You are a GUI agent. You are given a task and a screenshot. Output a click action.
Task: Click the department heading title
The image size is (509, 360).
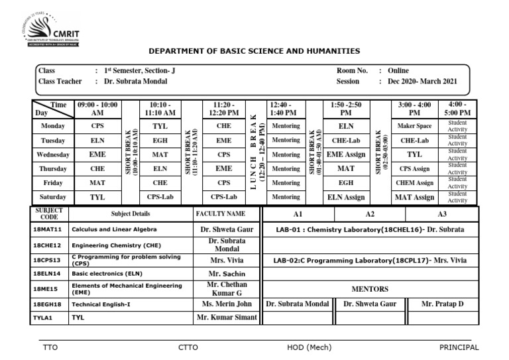pos(254,51)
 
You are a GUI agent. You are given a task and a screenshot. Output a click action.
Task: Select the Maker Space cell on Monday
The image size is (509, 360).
pos(415,126)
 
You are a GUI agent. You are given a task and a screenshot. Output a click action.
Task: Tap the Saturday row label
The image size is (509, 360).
pos(53,197)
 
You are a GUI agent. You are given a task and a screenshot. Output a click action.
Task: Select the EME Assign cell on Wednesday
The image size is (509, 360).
pos(346,154)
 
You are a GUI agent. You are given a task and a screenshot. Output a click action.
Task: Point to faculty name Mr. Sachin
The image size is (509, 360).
pos(227,273)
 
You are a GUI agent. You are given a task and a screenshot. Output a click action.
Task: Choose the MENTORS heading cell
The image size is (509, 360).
pos(369,288)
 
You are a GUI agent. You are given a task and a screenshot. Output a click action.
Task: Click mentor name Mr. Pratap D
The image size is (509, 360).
pos(443,304)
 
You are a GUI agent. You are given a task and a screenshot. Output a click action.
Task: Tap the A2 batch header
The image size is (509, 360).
pos(370,215)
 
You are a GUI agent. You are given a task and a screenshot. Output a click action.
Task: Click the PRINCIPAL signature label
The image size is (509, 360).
pos(459,347)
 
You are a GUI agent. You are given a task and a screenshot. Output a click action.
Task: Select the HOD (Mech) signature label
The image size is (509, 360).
pos(309,347)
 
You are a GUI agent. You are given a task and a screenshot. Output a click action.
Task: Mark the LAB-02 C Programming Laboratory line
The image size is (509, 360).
pos(369,260)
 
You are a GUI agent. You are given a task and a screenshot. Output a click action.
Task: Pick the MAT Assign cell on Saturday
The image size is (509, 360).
pos(415,197)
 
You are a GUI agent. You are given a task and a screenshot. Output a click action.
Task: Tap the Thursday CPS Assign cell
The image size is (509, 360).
pos(415,168)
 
